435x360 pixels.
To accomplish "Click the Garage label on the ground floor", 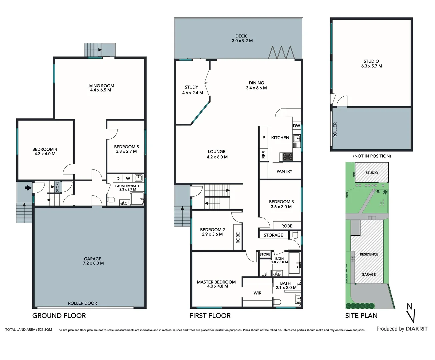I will [93, 259].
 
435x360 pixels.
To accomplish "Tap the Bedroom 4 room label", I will [45, 149].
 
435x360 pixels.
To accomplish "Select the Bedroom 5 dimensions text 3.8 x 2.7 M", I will [126, 151].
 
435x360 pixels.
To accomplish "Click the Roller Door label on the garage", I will [82, 303].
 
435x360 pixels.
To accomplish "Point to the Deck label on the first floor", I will [241, 36].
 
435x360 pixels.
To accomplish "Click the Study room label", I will [191, 87].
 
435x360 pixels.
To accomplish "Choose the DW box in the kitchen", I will [296, 126].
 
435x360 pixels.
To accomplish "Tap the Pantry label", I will [284, 171].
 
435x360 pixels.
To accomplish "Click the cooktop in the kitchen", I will [287, 157].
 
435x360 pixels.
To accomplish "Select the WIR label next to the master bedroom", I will [257, 293].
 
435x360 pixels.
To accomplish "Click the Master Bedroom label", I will [216, 282].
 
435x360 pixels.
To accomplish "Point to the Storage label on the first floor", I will [273, 235].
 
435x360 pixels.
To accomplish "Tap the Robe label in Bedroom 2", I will [238, 238].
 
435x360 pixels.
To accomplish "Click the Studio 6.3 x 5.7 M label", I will [371, 64].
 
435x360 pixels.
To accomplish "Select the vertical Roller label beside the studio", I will [335, 130].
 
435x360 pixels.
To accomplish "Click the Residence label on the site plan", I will [369, 254].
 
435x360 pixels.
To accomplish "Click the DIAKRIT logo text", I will [416, 329].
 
